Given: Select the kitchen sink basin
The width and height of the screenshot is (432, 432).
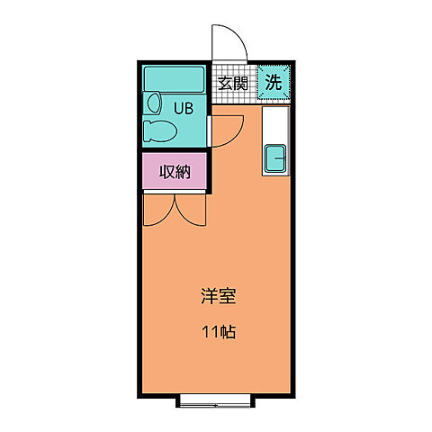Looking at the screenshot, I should pos(274,159).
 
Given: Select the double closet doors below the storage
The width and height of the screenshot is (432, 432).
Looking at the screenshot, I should pos(175,208).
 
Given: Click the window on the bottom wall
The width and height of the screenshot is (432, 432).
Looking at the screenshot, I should pos(216,399).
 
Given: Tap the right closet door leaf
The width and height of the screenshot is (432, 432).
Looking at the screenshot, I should pos(193,210).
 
